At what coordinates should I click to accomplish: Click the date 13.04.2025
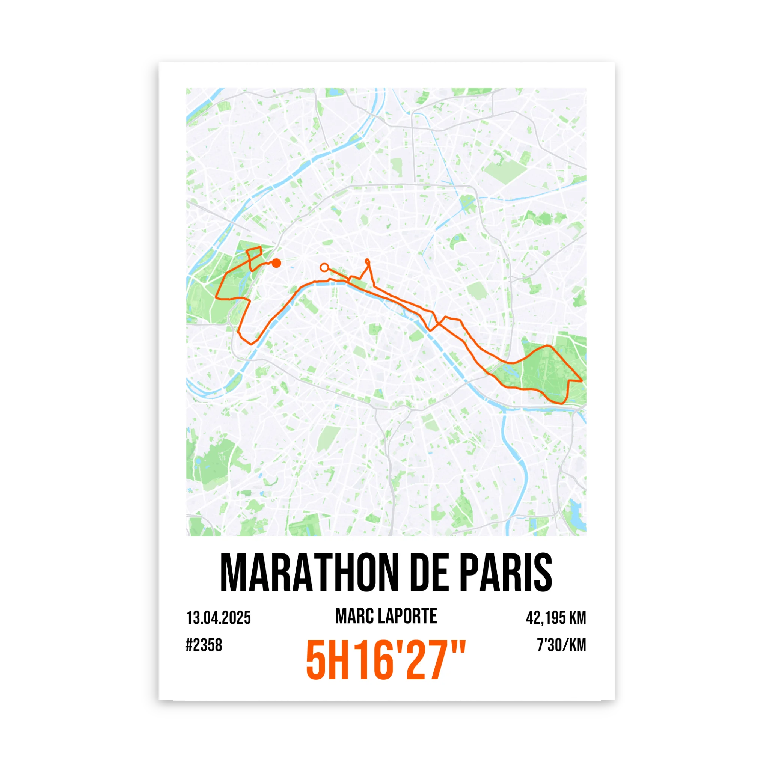219,618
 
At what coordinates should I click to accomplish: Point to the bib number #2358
204,645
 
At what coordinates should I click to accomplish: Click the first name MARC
353,617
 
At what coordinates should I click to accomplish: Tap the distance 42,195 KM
556,618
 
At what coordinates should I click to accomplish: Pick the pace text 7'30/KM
562,645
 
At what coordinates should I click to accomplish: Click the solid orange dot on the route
276,263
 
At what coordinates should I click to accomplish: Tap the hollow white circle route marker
324,267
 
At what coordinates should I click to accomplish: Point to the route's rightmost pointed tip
582,381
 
